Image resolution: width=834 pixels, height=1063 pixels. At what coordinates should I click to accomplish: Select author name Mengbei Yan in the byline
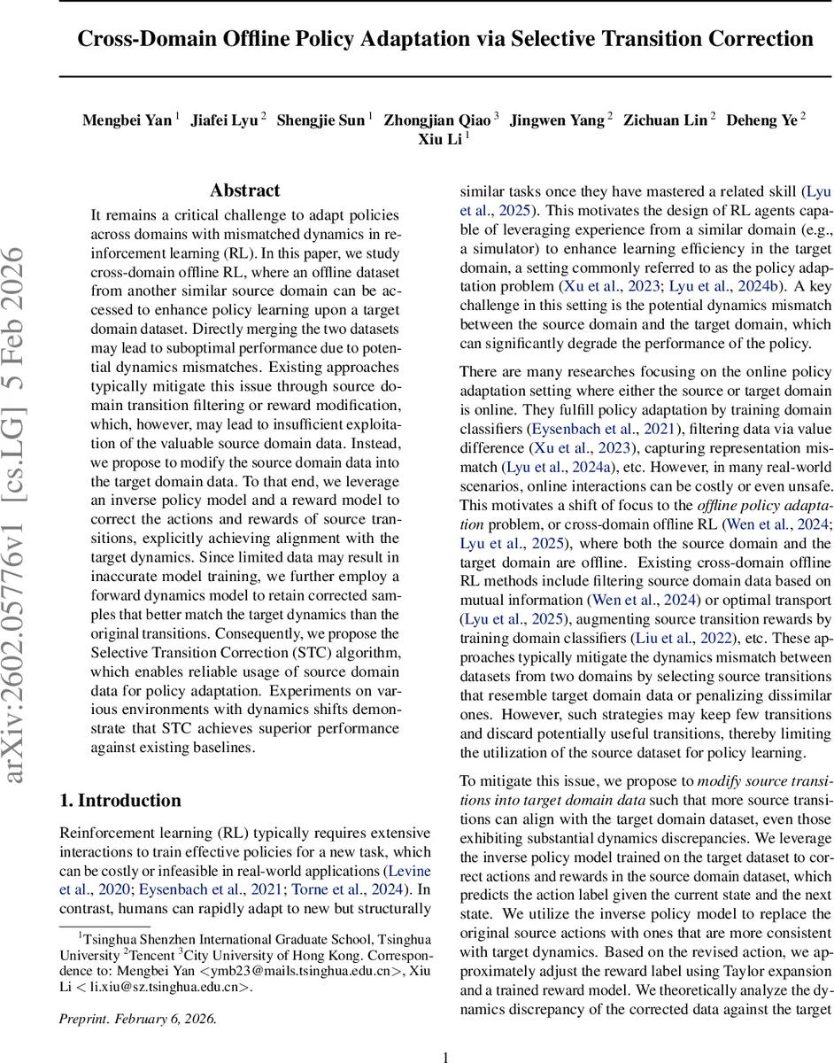127,120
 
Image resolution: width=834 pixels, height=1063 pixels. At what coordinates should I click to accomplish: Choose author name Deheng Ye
761,120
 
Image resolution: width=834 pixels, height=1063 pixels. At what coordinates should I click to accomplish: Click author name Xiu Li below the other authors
440,140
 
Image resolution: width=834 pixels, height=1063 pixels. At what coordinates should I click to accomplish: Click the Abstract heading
244,190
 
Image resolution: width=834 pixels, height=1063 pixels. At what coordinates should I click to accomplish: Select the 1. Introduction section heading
120,801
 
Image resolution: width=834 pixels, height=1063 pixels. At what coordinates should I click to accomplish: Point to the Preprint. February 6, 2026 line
137,1018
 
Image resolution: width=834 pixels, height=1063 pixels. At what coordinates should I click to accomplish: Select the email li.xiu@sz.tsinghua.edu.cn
165,987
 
